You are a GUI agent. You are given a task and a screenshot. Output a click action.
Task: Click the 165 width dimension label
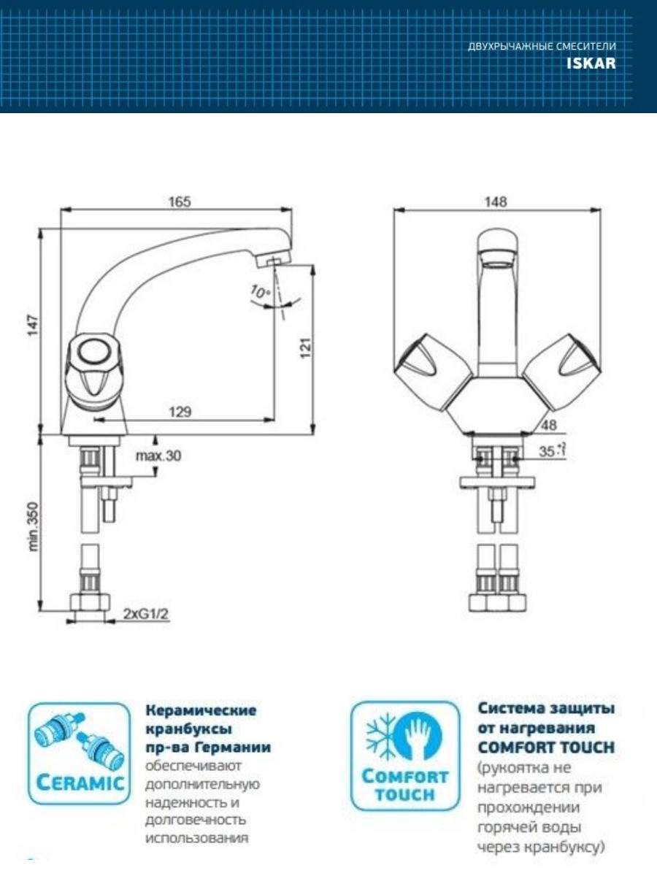point(175,201)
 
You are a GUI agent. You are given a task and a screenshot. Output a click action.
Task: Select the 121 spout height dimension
point(307,347)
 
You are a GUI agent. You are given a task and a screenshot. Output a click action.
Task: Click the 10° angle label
point(259,293)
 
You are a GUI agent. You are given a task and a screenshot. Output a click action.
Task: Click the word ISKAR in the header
point(591,64)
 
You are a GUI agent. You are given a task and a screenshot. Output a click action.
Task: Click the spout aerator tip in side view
point(274,261)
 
